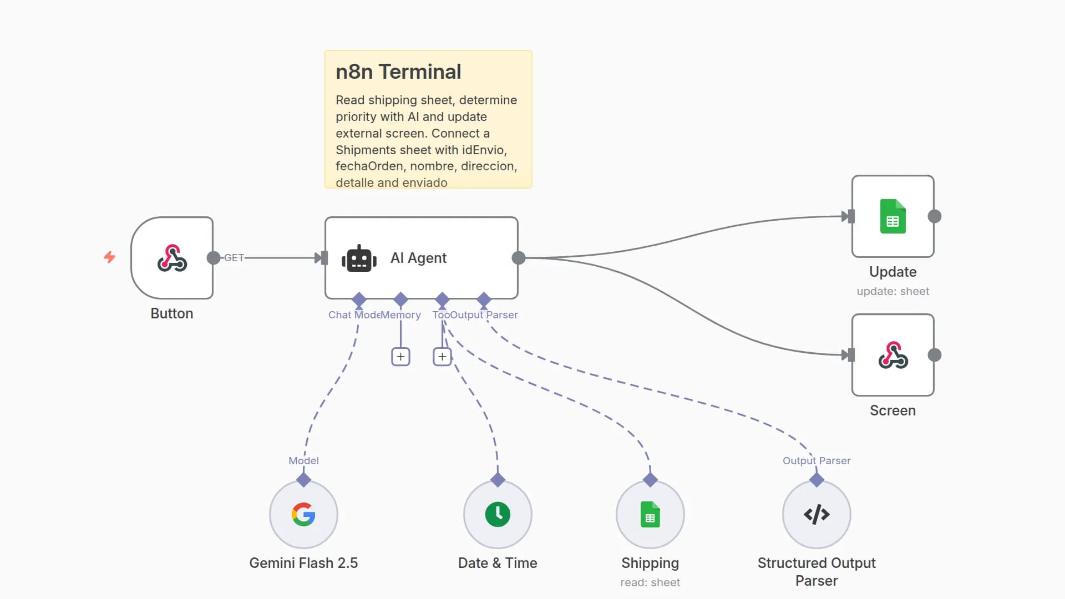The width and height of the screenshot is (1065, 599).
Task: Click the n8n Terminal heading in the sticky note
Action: [x=398, y=72]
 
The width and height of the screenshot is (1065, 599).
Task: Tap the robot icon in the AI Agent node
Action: [x=359, y=258]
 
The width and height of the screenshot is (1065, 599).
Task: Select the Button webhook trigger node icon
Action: [x=172, y=258]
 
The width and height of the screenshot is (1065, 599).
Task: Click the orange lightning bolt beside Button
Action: [x=110, y=257]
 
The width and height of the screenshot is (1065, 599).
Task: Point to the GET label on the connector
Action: [x=234, y=258]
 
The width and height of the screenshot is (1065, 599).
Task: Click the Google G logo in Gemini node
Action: [x=303, y=515]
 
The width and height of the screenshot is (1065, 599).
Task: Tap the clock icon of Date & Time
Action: [x=498, y=515]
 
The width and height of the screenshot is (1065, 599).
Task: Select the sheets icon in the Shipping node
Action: [x=650, y=515]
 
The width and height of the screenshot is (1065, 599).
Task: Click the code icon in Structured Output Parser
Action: [x=816, y=515]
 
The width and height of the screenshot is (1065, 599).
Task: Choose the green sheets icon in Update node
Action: [x=892, y=216]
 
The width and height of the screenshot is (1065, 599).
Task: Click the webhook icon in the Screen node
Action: [x=892, y=355]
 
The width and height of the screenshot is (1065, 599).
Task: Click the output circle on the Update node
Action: [x=935, y=216]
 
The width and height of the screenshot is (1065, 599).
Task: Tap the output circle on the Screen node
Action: [x=935, y=355]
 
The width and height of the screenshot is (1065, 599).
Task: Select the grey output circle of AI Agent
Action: [x=519, y=258]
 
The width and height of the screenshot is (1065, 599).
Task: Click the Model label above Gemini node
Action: [x=303, y=460]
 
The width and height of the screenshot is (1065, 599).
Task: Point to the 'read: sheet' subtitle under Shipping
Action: [x=650, y=582]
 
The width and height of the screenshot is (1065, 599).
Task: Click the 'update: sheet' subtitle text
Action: [x=892, y=291]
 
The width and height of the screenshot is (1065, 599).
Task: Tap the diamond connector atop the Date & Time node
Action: [x=498, y=480]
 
